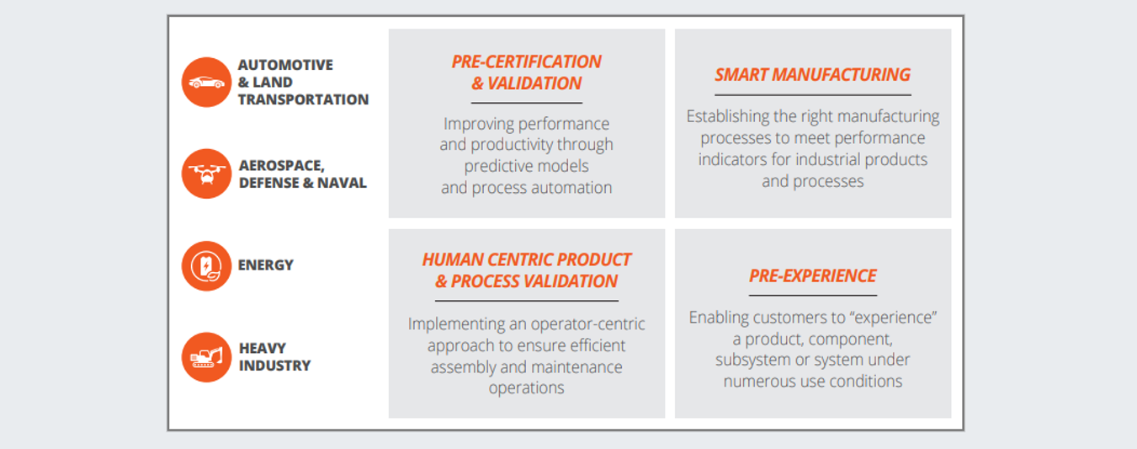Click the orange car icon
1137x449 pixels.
click(206, 83)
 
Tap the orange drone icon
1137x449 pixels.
click(206, 174)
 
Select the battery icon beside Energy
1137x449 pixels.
click(206, 265)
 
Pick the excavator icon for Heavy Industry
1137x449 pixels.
click(206, 357)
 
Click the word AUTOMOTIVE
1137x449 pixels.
click(285, 65)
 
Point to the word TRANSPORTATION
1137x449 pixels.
click(303, 99)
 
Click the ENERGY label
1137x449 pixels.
click(265, 265)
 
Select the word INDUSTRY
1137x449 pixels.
click(274, 366)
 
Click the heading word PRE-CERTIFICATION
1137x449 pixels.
click(526, 61)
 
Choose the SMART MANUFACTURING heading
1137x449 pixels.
click(813, 75)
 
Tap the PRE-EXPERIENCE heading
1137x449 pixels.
click(813, 275)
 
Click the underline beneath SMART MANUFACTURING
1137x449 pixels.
click(813, 95)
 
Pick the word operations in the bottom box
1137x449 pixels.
click(526, 388)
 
